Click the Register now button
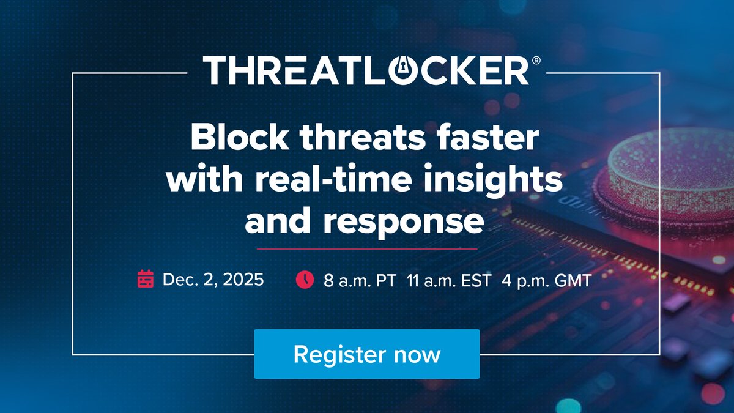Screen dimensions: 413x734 (x=366, y=354)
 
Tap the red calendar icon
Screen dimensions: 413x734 (x=146, y=280)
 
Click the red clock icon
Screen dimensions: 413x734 (x=304, y=280)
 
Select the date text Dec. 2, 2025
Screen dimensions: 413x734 (x=213, y=280)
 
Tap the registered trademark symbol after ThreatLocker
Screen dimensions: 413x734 (x=536, y=61)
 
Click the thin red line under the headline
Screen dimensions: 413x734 (x=367, y=249)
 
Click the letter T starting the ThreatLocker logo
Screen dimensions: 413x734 (x=216, y=71)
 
